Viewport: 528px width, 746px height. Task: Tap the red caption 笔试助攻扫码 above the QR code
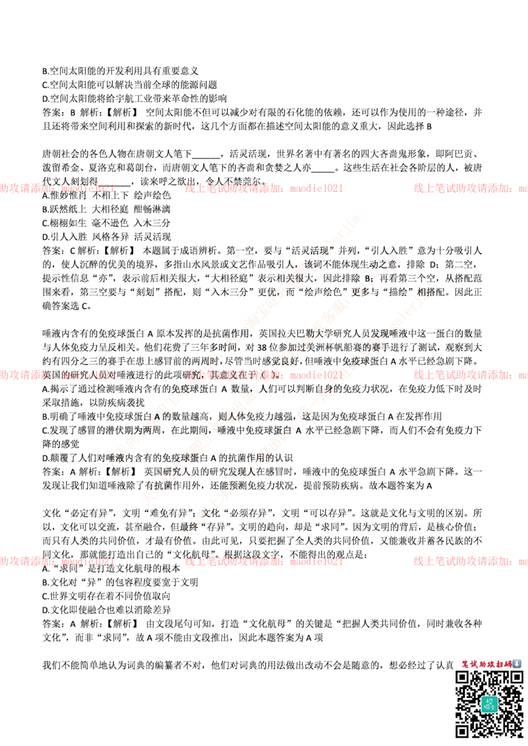pos(486,664)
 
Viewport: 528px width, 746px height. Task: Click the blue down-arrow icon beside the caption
pos(517,664)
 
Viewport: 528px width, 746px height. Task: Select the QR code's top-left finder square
pos(463,678)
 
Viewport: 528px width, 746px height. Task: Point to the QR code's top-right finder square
pos(515,678)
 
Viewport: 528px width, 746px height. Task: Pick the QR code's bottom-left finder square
pos(463,730)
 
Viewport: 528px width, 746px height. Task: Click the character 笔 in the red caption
pos(465,664)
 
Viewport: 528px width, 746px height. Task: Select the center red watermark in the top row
pos(264,188)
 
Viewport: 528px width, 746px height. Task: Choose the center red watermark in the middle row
pos(264,375)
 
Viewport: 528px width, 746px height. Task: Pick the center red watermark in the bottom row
pos(264,561)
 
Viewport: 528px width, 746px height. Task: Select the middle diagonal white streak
pos(267,376)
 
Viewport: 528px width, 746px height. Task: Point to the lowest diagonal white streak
pos(304,412)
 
